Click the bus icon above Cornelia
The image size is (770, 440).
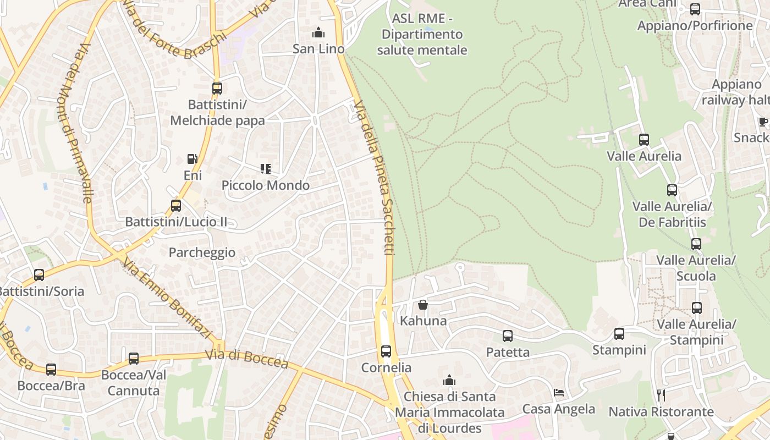pyautogui.click(x=386, y=351)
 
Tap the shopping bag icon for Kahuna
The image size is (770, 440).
pyautogui.click(x=423, y=305)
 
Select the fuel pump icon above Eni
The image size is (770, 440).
pyautogui.click(x=193, y=159)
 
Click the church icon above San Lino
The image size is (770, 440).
pyautogui.click(x=318, y=33)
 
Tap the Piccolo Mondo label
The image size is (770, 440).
pyautogui.click(x=266, y=185)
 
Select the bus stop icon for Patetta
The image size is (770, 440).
pyautogui.click(x=508, y=335)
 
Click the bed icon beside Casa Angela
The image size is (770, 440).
pyautogui.click(x=559, y=393)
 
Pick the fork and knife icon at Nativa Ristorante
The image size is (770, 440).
pyautogui.click(x=661, y=395)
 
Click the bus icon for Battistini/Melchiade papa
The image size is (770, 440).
pyautogui.click(x=217, y=88)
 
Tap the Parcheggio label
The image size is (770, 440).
pyautogui.click(x=202, y=252)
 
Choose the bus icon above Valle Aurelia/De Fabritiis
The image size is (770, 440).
pyautogui.click(x=672, y=190)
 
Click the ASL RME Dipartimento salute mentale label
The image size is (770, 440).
pyautogui.click(x=422, y=34)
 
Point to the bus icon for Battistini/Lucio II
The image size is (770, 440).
pyautogui.click(x=176, y=206)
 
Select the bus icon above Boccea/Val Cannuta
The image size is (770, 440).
pyautogui.click(x=134, y=359)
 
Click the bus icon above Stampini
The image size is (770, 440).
pyautogui.click(x=619, y=333)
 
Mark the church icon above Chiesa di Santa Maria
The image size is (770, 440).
pyautogui.click(x=449, y=380)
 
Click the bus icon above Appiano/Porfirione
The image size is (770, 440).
pyautogui.click(x=695, y=9)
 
